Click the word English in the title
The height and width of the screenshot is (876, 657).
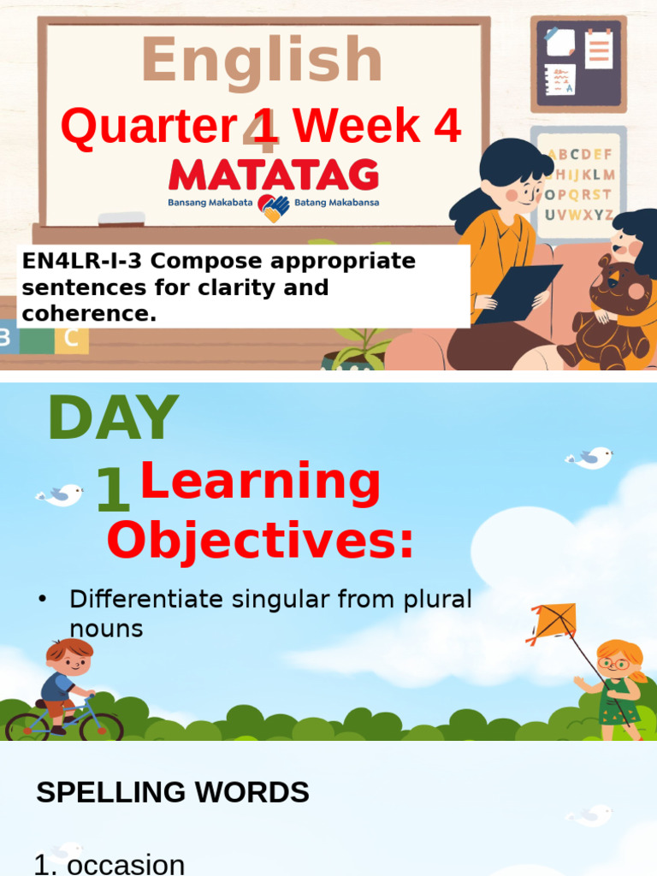click(262, 62)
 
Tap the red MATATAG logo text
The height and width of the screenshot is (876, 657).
click(274, 175)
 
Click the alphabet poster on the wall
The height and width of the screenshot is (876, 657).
click(579, 184)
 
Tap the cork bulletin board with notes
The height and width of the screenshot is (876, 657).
click(578, 63)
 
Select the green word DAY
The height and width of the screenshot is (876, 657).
click(113, 418)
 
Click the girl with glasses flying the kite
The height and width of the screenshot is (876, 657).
click(616, 684)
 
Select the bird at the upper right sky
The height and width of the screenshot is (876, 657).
click(590, 459)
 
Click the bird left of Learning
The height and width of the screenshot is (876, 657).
click(60, 494)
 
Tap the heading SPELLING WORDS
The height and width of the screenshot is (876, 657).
click(173, 793)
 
